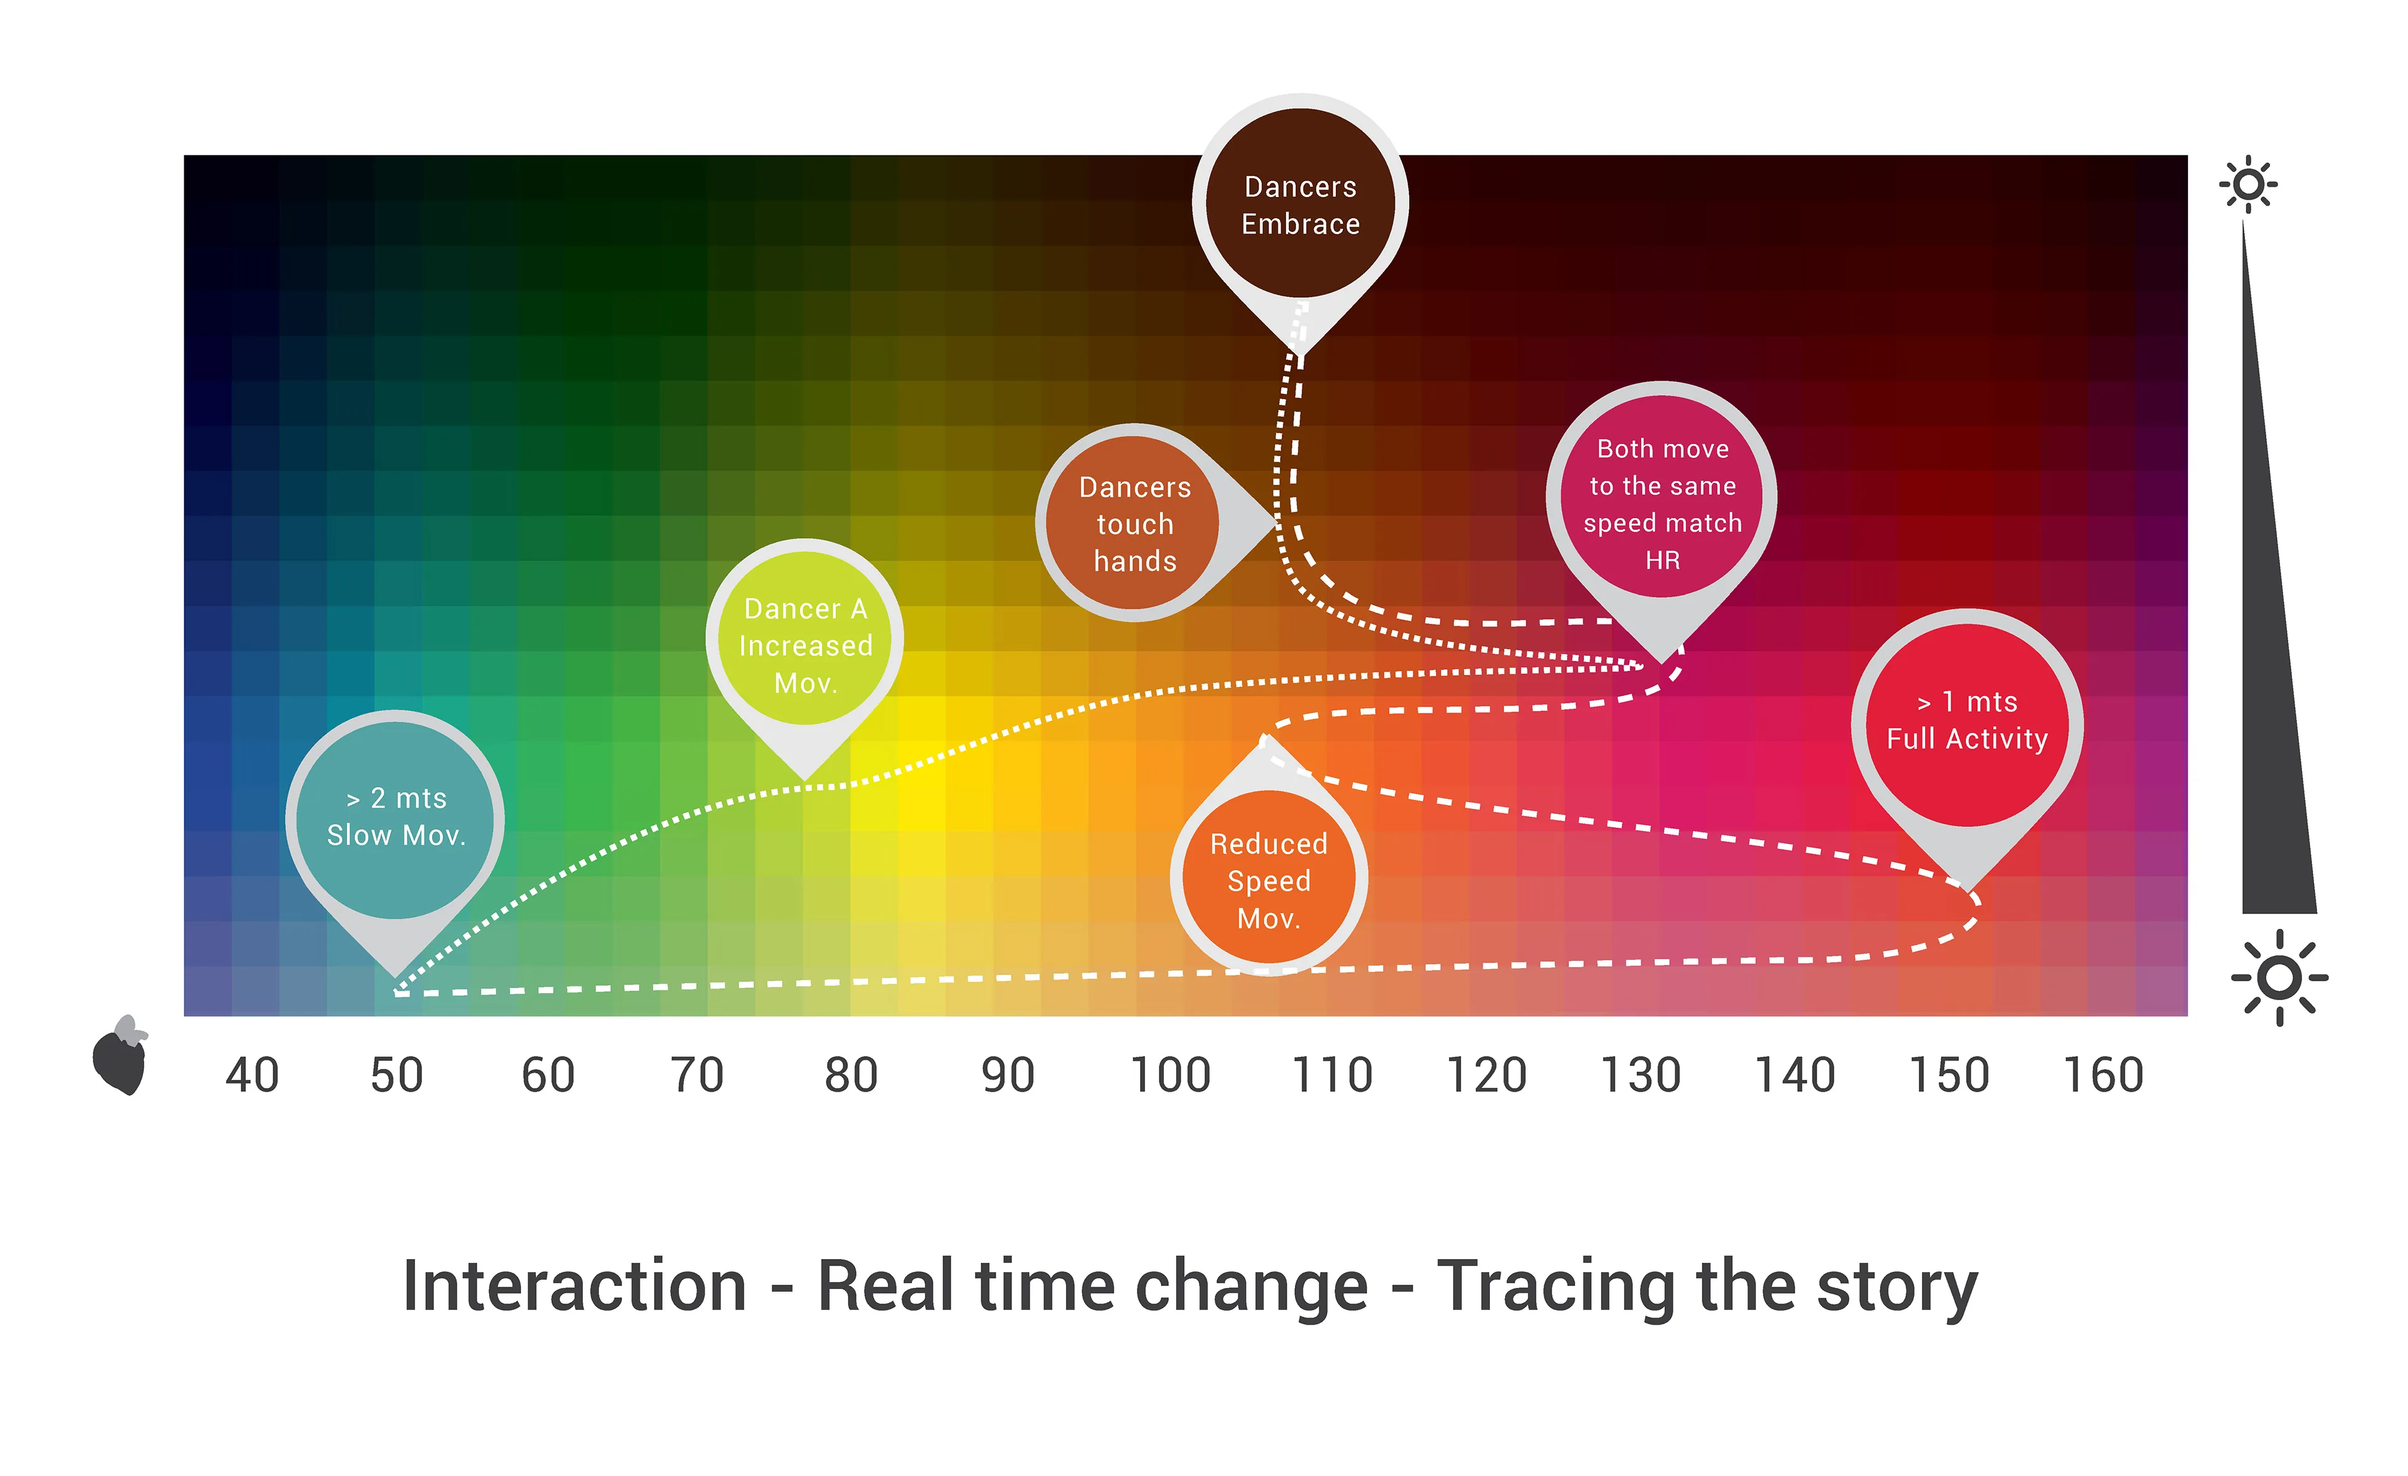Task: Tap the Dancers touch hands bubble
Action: [x=1134, y=523]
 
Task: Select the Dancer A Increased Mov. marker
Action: [x=805, y=645]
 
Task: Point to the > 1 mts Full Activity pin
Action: [x=1967, y=724]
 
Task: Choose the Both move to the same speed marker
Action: [x=1661, y=498]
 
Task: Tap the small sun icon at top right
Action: [x=2247, y=184]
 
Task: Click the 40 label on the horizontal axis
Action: [x=252, y=1075]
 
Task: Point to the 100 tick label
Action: [x=1170, y=1075]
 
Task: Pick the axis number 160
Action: [x=2103, y=1075]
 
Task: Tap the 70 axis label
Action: [x=697, y=1075]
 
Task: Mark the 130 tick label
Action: [x=1640, y=1075]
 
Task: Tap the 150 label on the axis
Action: [x=1949, y=1075]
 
